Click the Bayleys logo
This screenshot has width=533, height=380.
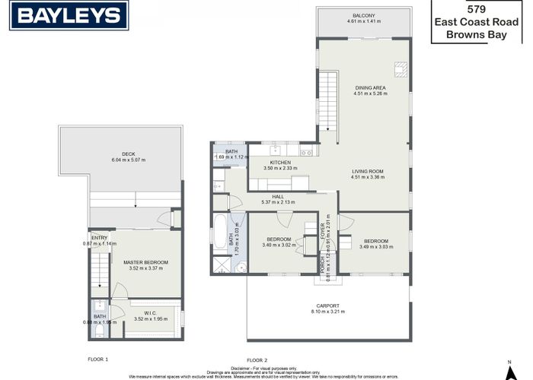tap(69, 15)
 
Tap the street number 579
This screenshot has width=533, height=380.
tap(476, 9)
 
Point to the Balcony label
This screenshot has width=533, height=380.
tap(363, 15)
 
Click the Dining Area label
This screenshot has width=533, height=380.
tap(369, 88)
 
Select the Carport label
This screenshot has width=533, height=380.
tap(328, 306)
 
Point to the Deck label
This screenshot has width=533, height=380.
tap(128, 154)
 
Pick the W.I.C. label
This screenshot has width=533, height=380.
tap(150, 312)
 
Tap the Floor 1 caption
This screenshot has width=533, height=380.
tap(98, 358)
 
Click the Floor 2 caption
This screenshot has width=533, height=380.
tap(257, 359)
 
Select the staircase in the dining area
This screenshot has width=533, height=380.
tap(328, 91)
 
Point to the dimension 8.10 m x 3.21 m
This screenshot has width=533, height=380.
tap(328, 312)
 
